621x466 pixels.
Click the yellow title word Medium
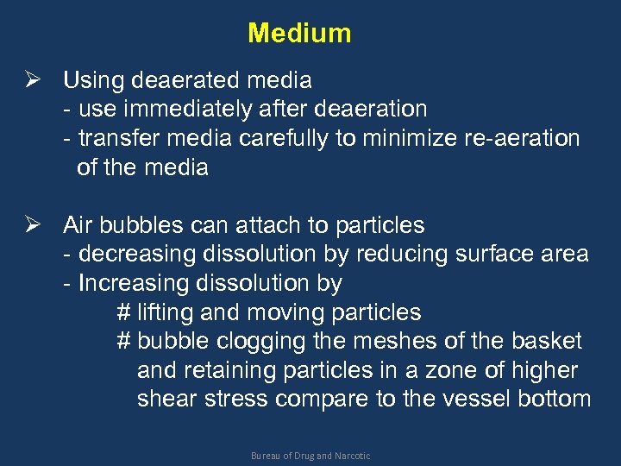pyautogui.click(x=299, y=34)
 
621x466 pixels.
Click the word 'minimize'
pyautogui.click(x=397, y=138)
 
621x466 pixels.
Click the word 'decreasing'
pyautogui.click(x=136, y=255)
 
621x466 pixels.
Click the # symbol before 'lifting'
pyautogui.click(x=122, y=312)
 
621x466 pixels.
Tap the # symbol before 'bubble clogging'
pyautogui.click(x=122, y=341)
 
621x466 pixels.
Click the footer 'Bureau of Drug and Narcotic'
pyautogui.click(x=310, y=456)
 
